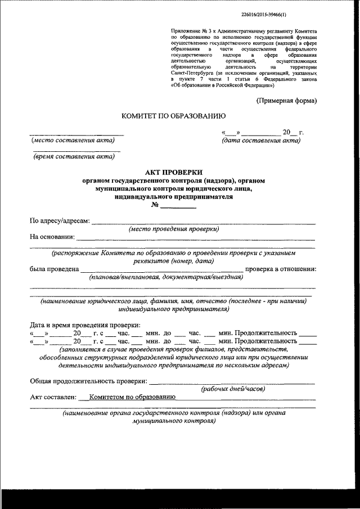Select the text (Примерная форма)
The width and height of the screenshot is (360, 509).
click(x=286, y=101)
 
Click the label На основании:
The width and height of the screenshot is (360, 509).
click(x=52, y=237)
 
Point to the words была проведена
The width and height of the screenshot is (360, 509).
click(x=54, y=269)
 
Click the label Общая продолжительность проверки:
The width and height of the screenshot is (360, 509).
click(x=88, y=381)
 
